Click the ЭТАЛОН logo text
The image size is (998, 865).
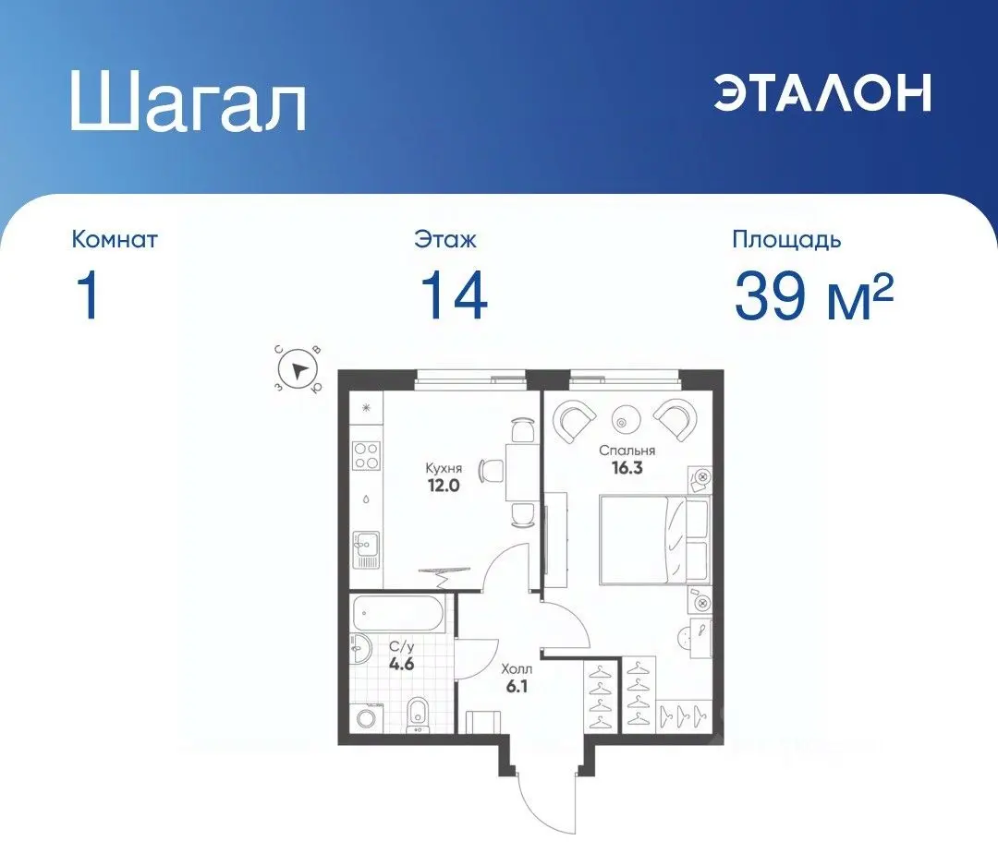[x=822, y=92]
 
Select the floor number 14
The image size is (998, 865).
[x=454, y=296]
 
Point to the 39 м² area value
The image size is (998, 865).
[x=813, y=296]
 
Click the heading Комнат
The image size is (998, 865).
[x=115, y=240]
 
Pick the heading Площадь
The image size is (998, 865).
[x=786, y=240]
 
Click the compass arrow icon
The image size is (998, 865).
[x=298, y=371]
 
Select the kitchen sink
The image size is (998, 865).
[x=365, y=551]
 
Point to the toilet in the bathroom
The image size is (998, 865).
[x=419, y=712]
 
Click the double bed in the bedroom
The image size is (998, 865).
[x=653, y=540]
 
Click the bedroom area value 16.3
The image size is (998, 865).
[x=627, y=468]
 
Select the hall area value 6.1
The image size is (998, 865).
[x=517, y=686]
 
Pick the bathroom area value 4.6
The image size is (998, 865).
[x=399, y=662]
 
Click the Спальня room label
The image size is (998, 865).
[x=627, y=451]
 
